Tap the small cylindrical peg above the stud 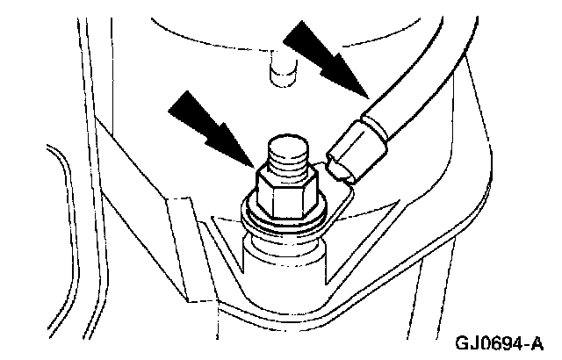coord(281,68)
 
